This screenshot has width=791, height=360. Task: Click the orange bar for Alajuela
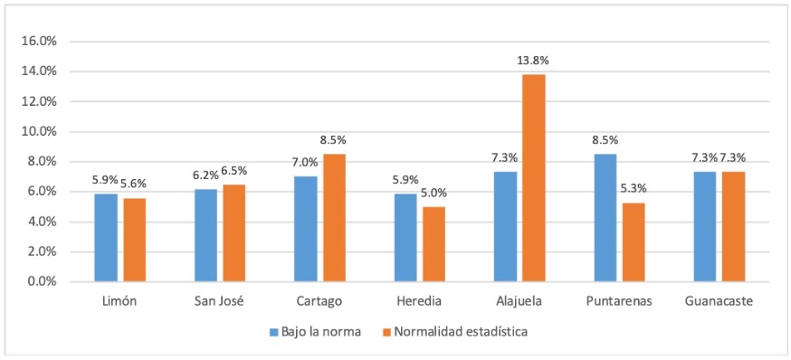point(534,178)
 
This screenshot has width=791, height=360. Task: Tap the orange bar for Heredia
point(434,244)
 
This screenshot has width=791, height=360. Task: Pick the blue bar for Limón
point(107,238)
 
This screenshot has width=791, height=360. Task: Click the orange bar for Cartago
point(334,218)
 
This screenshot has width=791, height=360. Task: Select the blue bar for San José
point(206,235)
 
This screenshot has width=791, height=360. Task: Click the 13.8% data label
point(534,61)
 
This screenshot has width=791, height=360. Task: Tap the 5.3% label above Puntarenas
point(634,188)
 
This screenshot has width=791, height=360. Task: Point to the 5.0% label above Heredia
point(434,193)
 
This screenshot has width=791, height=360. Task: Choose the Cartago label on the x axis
point(320,301)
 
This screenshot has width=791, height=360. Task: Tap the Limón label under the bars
point(120,301)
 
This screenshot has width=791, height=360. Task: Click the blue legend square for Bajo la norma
point(273,332)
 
